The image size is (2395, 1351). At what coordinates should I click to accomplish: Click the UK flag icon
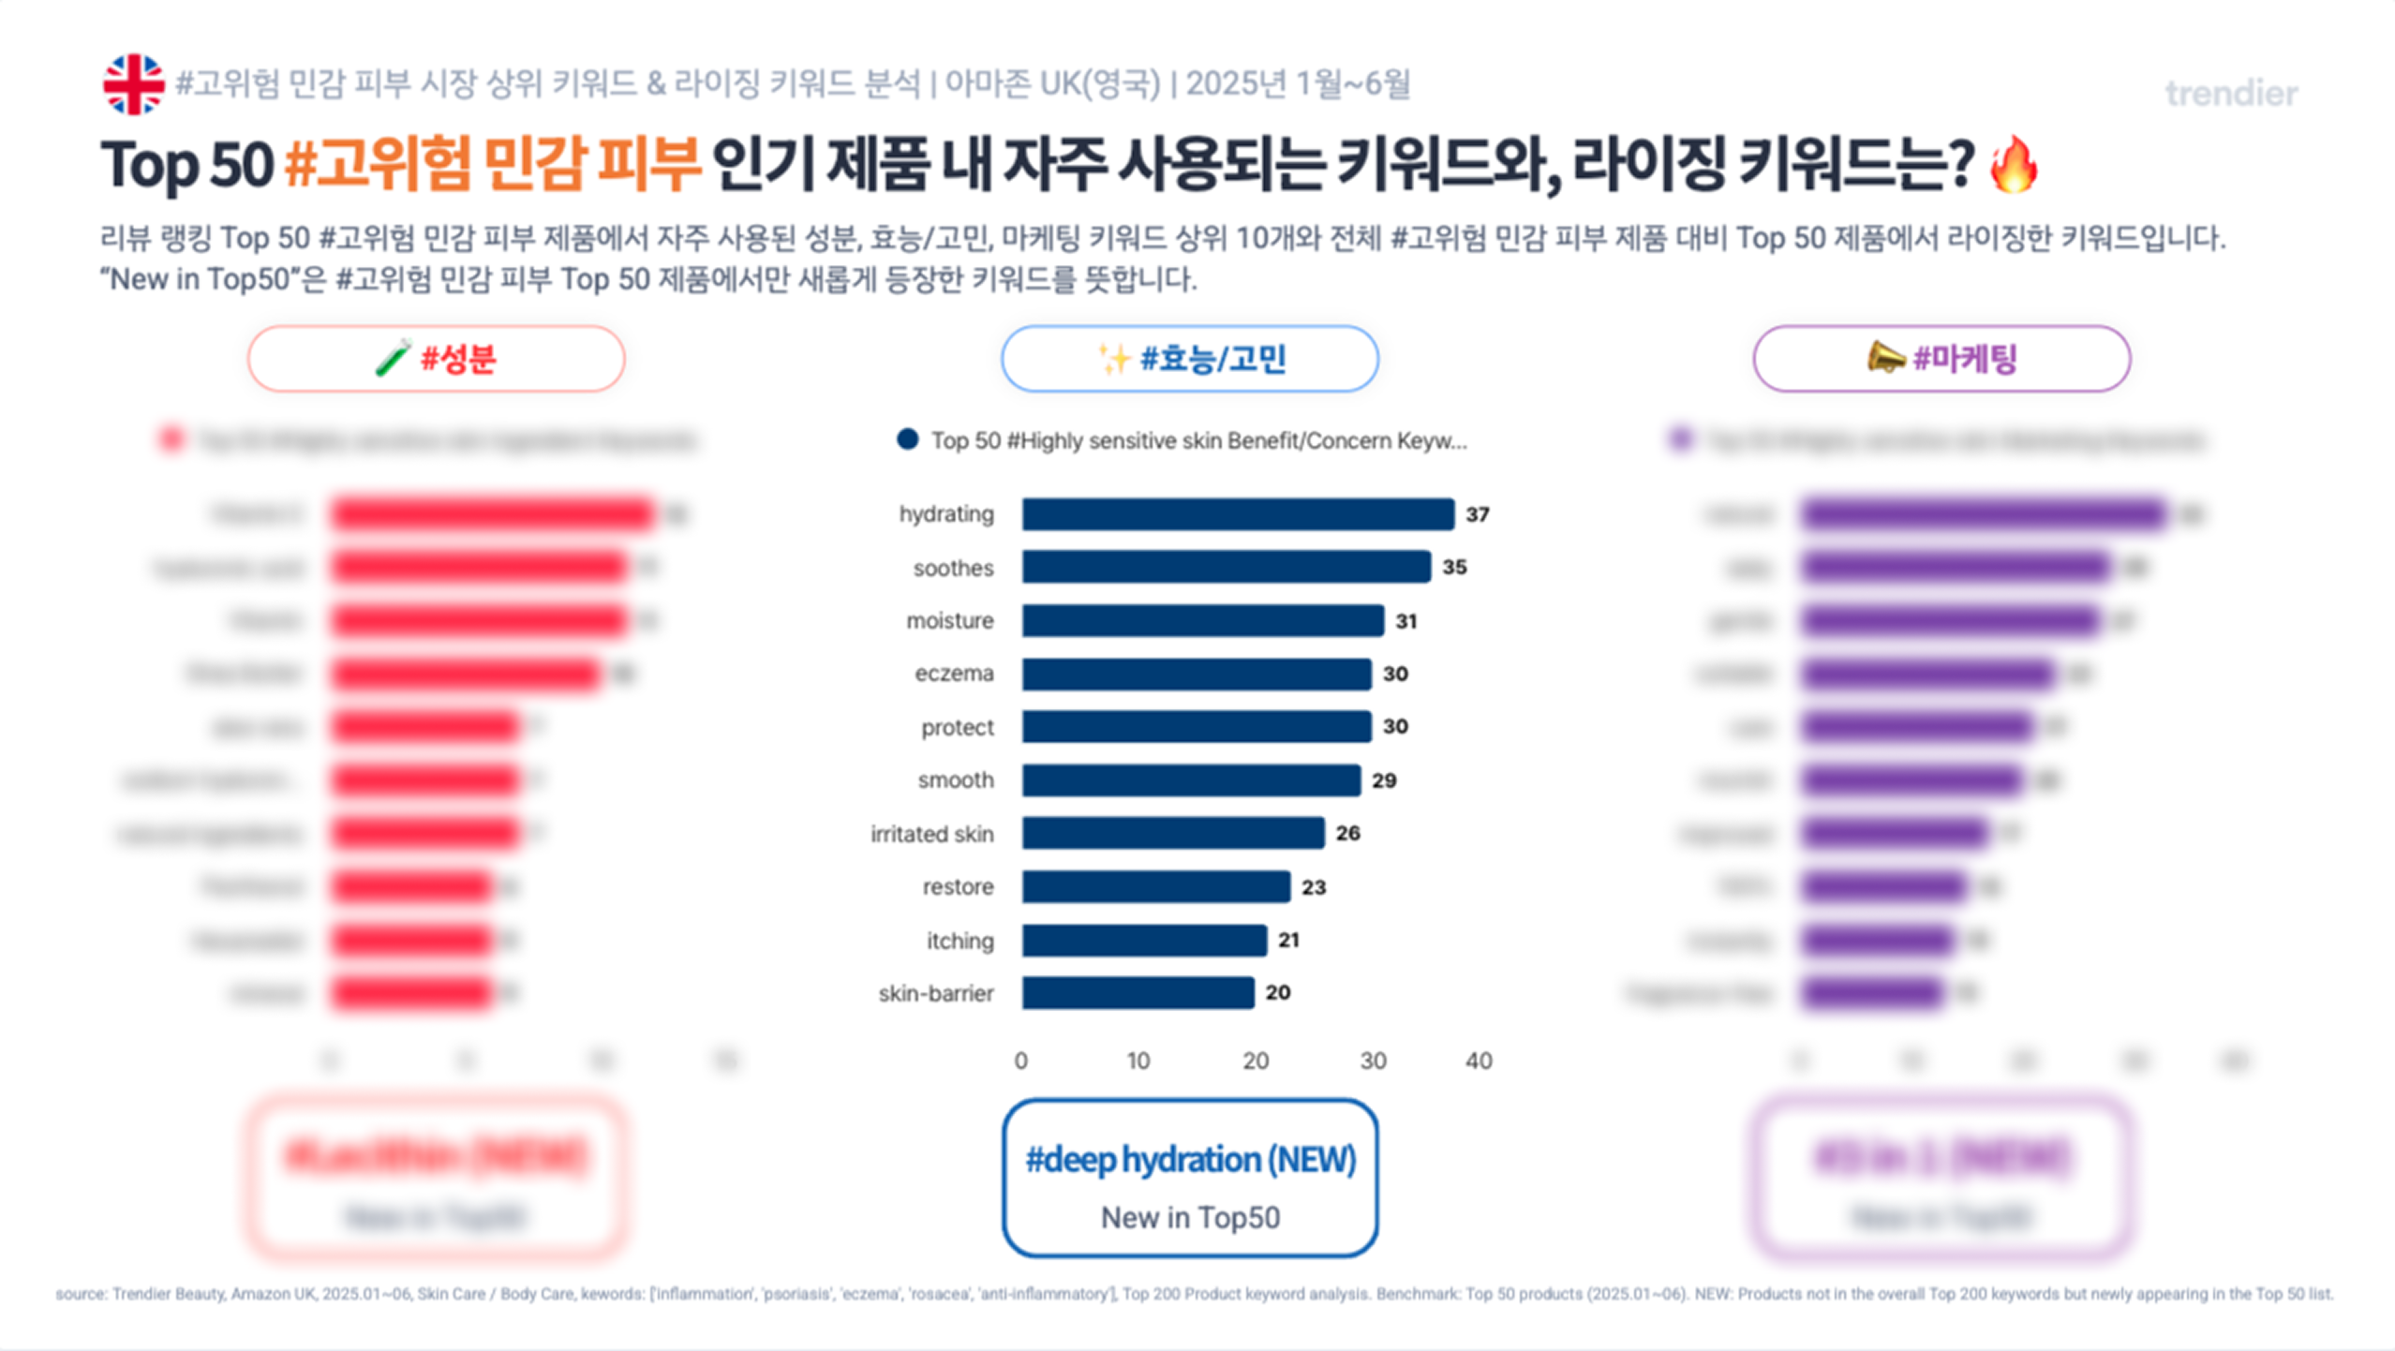tap(133, 84)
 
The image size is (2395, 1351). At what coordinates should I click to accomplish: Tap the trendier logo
tap(2230, 94)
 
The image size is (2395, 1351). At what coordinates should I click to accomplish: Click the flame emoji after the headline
tap(2013, 165)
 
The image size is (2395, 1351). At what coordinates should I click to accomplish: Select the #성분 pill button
tap(436, 359)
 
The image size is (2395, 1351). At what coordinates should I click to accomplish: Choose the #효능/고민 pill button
tap(1189, 359)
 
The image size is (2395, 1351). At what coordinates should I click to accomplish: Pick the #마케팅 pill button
tap(1941, 359)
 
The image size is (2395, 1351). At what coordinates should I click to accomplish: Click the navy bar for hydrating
tap(1237, 514)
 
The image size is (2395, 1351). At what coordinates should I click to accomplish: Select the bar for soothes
tap(1226, 567)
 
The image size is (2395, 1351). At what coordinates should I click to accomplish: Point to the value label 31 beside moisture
tap(1406, 621)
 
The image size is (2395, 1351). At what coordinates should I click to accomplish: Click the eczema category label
tap(954, 674)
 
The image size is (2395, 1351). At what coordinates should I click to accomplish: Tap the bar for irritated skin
tap(1172, 833)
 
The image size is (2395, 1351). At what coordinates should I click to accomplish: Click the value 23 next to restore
tap(1314, 887)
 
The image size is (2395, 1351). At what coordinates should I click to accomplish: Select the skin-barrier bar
tap(1138, 993)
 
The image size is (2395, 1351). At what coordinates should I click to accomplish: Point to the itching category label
tap(959, 941)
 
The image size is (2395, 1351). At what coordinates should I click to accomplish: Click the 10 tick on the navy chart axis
tap(1138, 1061)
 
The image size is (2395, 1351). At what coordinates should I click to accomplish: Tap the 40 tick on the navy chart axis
tap(1479, 1061)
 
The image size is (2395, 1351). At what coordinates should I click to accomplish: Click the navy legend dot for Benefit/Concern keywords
tap(907, 439)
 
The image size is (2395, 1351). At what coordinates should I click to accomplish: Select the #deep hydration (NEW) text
tap(1190, 1160)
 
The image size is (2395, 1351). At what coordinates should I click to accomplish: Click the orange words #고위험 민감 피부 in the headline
tap(492, 165)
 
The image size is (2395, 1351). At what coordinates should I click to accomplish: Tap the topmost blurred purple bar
tap(1983, 514)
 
